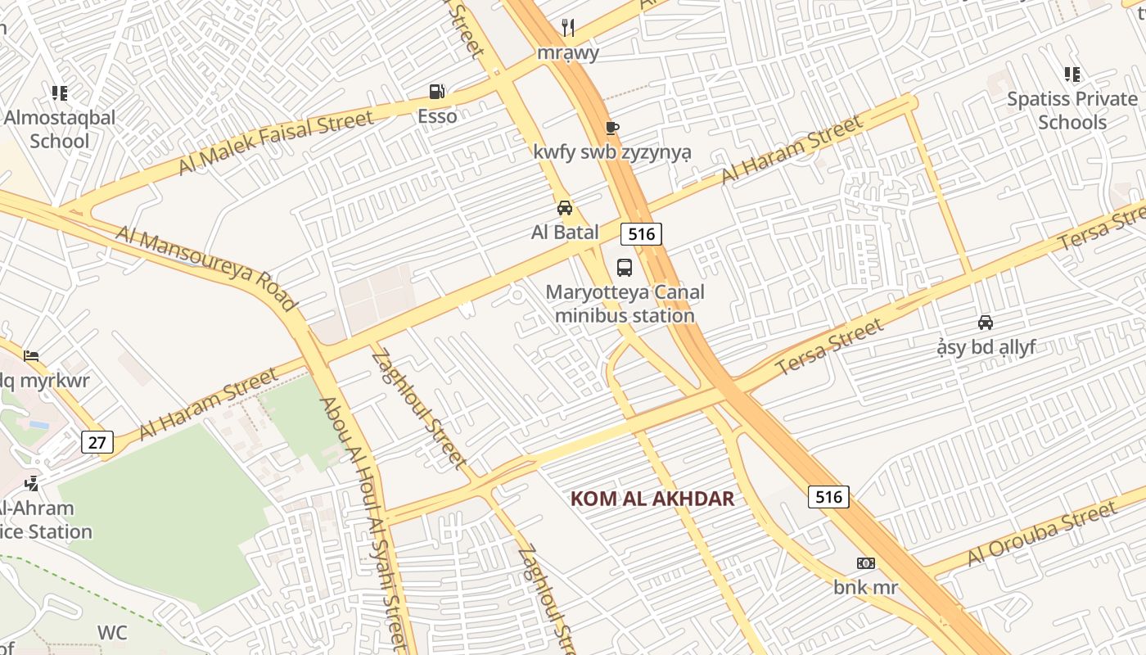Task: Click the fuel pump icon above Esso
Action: click(x=438, y=92)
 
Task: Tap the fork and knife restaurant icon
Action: click(x=568, y=29)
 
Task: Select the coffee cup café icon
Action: click(x=611, y=128)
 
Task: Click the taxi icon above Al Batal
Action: click(x=565, y=208)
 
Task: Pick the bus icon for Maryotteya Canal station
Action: click(x=625, y=268)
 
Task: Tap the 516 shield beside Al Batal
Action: click(x=641, y=234)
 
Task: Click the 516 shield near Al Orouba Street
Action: click(x=828, y=496)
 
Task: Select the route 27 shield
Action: click(x=97, y=443)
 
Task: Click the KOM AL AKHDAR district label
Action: click(x=652, y=499)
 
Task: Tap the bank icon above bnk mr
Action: click(x=866, y=563)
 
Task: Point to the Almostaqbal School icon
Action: click(x=59, y=93)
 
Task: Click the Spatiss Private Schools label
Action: click(x=1072, y=111)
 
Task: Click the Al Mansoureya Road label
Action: click(x=207, y=269)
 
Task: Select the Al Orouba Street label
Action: click(x=1041, y=533)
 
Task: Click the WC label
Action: click(x=112, y=633)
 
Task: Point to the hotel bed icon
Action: click(x=31, y=356)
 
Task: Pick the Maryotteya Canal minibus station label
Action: click(x=625, y=304)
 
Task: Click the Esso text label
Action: click(x=437, y=116)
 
